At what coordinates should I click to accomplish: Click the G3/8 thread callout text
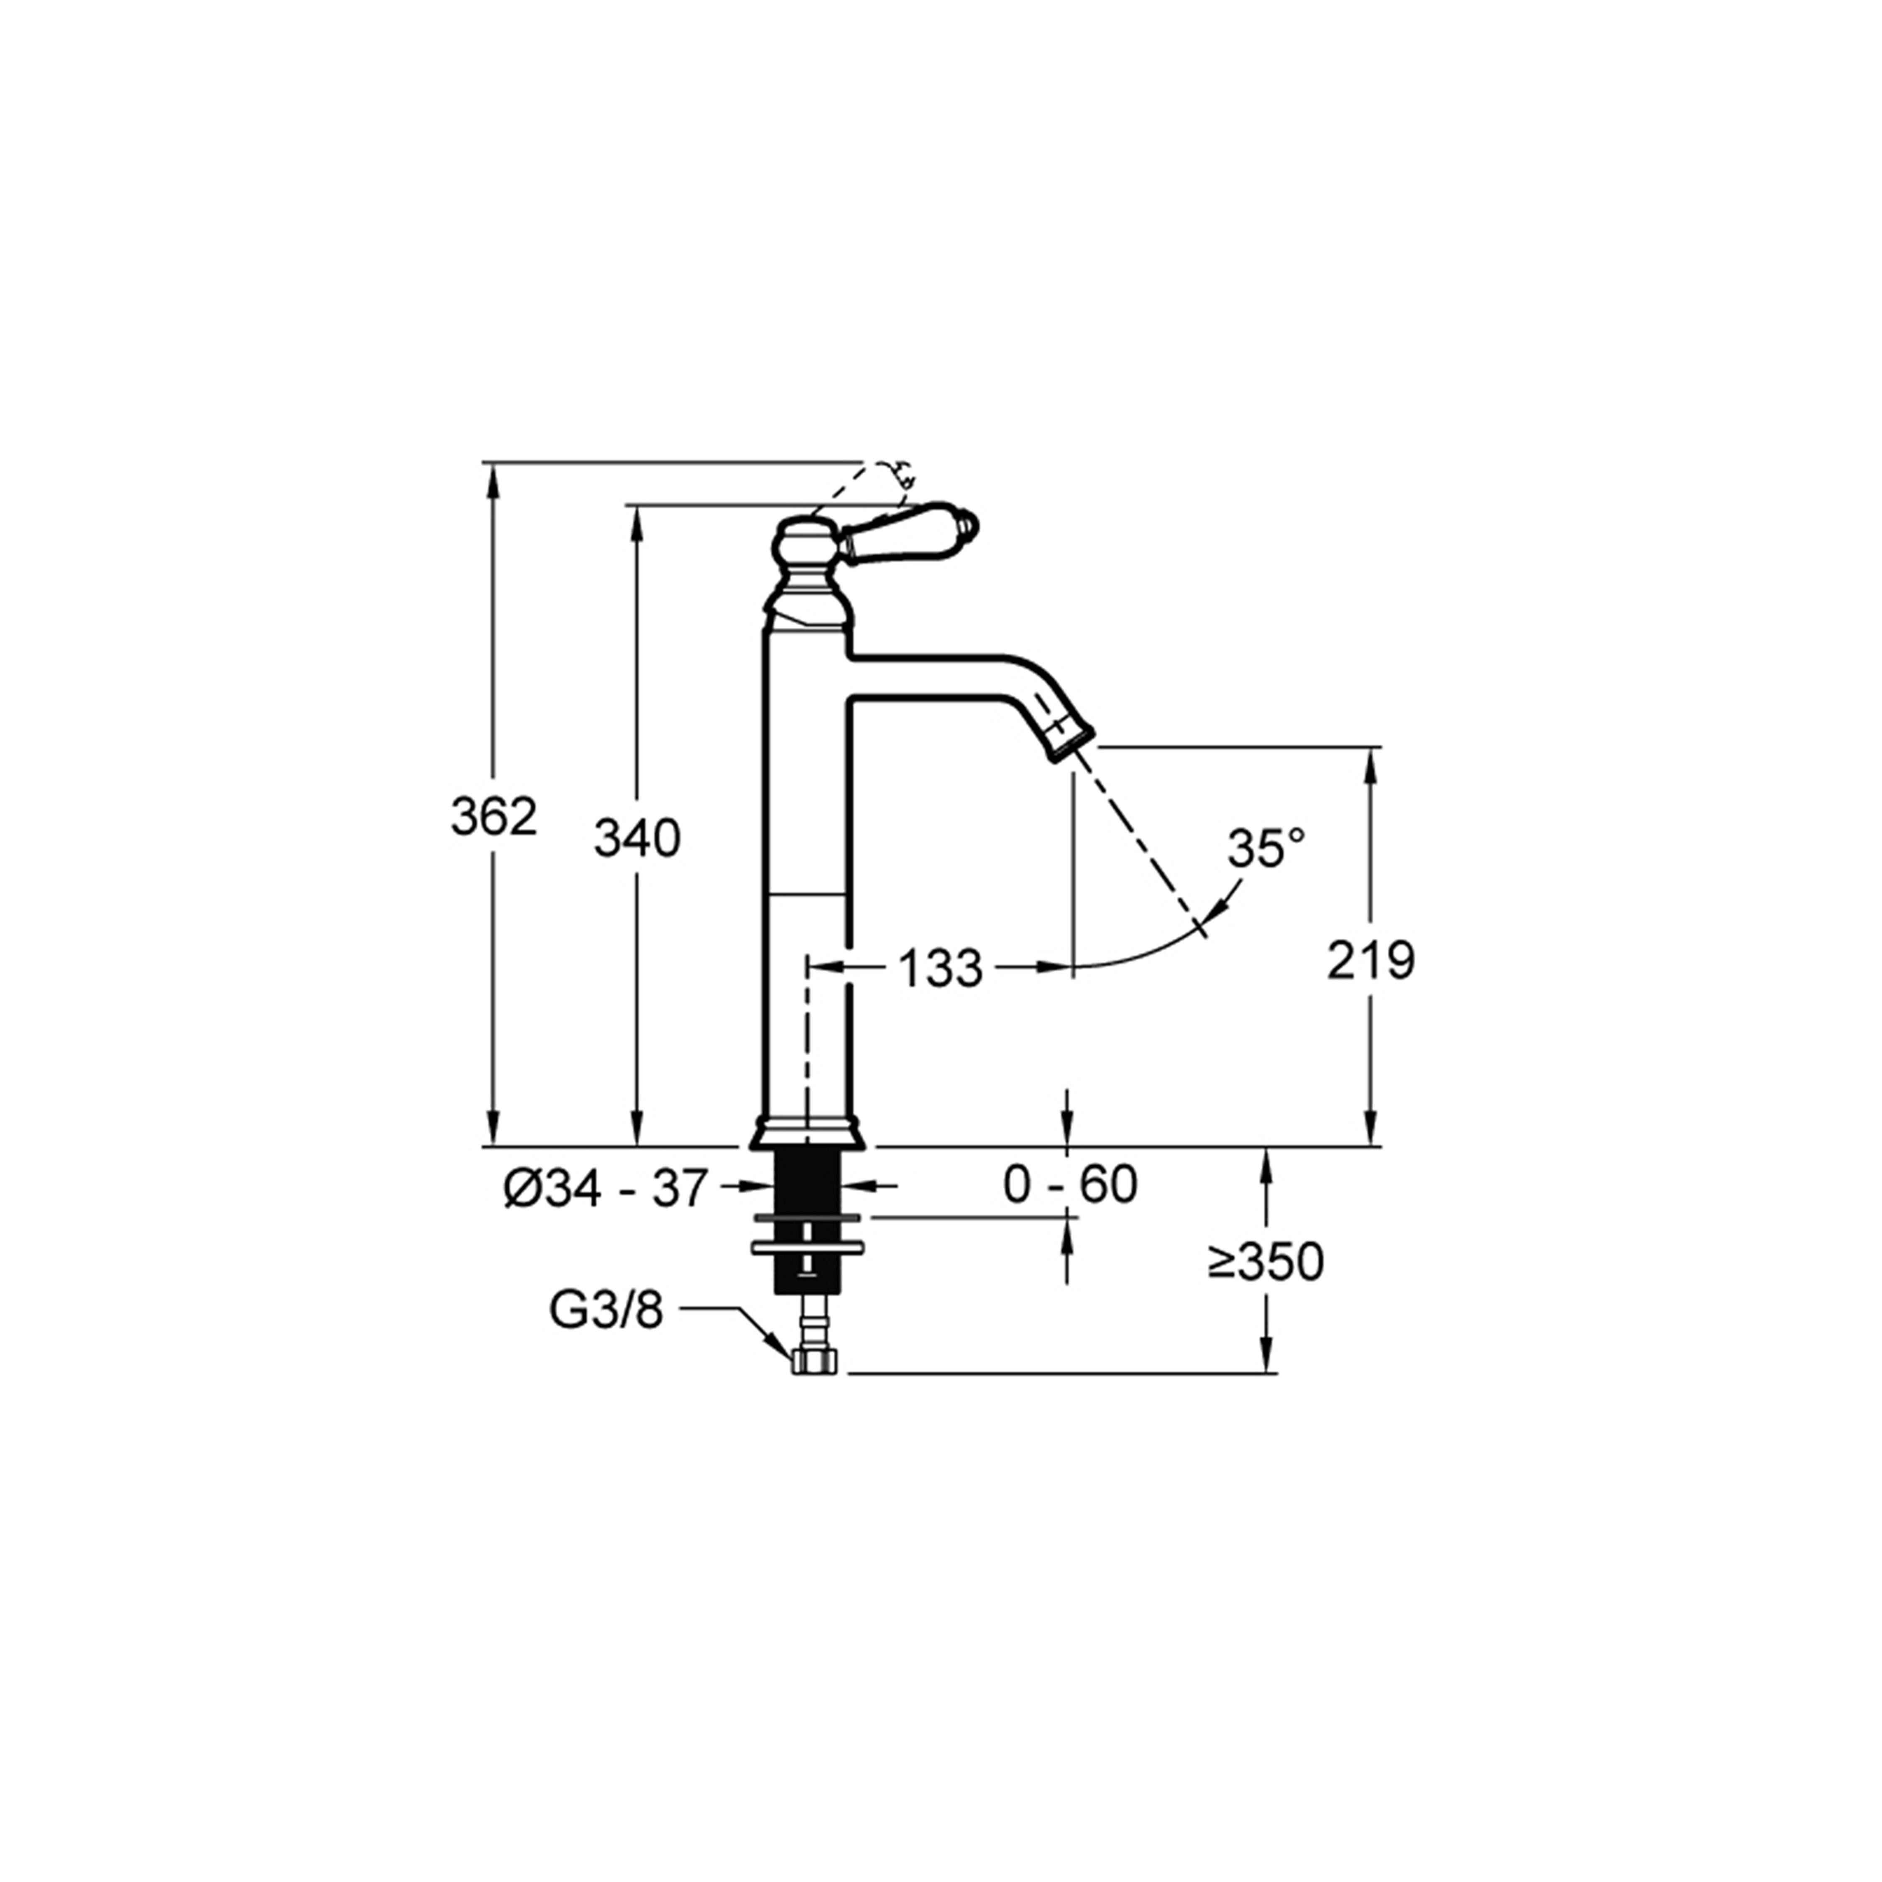tap(606, 1310)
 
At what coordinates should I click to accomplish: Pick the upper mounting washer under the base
tap(808, 1217)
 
